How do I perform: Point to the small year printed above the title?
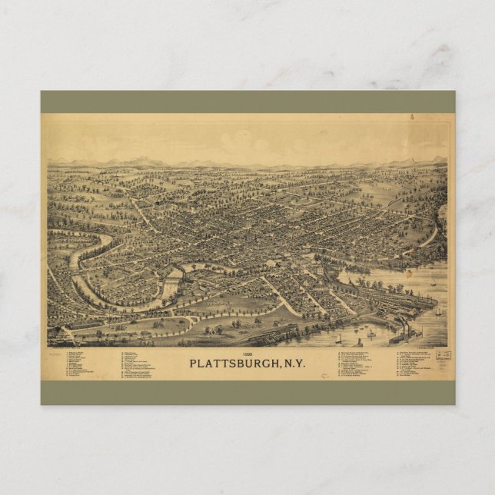pos(248,354)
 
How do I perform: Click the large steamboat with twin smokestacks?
pos(404,335)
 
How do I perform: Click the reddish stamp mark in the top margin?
pos(411,117)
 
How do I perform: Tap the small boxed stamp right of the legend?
pos(443,356)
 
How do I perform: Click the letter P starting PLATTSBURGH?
pos(193,364)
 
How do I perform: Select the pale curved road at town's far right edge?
pos(433,231)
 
